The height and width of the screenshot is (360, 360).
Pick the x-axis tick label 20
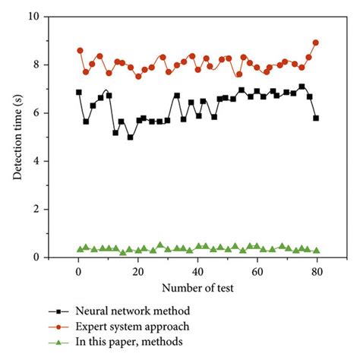[137, 271]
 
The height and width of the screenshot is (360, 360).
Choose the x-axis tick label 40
[197, 271]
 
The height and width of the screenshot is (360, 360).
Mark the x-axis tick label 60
[257, 271]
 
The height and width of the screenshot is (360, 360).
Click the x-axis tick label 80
[316, 271]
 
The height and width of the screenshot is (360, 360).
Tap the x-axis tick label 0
[78, 271]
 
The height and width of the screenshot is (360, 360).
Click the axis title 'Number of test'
[197, 289]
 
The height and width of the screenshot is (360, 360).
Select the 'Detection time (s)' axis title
[17, 137]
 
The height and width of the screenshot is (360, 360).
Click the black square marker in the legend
[54, 311]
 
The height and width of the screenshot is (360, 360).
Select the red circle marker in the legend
[54, 326]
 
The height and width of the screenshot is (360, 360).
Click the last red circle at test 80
[316, 43]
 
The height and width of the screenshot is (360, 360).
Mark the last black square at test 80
[316, 118]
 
